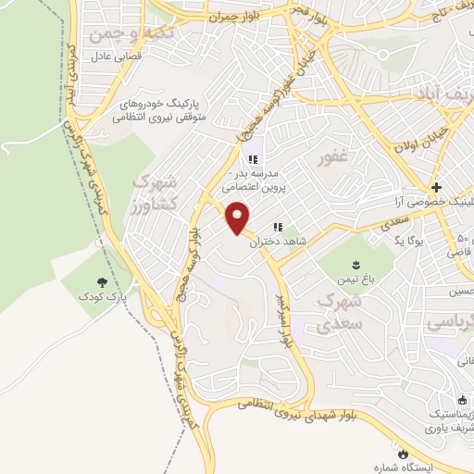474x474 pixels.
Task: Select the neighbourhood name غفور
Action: (x=333, y=158)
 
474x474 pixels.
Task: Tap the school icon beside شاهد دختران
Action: (x=278, y=228)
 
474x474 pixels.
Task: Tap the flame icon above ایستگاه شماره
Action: (x=403, y=453)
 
